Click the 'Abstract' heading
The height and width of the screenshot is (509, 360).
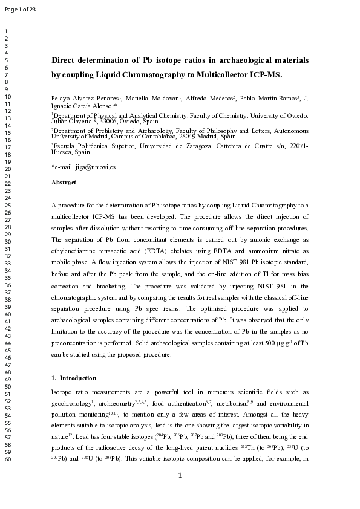coord(64,182)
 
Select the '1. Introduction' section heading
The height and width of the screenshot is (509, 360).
coord(74,378)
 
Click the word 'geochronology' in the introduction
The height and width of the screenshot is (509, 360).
coord(71,404)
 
